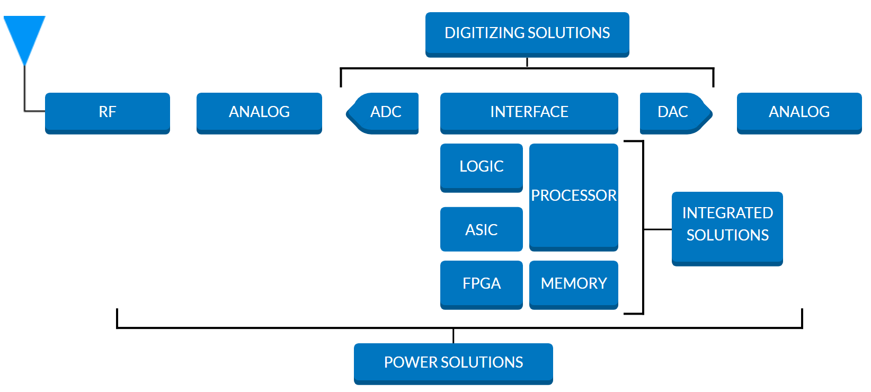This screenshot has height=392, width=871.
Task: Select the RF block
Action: [108, 112]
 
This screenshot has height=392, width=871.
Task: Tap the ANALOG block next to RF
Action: [259, 112]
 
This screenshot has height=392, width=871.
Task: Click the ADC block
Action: [385, 112]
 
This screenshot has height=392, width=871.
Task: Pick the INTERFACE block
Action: [529, 112]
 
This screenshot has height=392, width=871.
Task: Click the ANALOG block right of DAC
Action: [799, 112]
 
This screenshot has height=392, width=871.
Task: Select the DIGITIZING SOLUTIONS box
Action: [527, 33]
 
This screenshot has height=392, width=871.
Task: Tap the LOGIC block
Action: [481, 167]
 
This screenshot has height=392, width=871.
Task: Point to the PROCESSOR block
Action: [574, 196]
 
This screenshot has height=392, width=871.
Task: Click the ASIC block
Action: [481, 229]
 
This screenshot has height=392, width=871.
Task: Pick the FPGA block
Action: [481, 284]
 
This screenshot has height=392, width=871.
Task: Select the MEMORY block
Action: [574, 284]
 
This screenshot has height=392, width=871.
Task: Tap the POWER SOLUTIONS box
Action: [453, 363]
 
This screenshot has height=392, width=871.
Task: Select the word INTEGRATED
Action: [727, 213]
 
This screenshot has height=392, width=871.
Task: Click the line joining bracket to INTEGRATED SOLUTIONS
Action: [657, 229]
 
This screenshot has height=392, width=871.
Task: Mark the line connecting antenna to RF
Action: [25, 90]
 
